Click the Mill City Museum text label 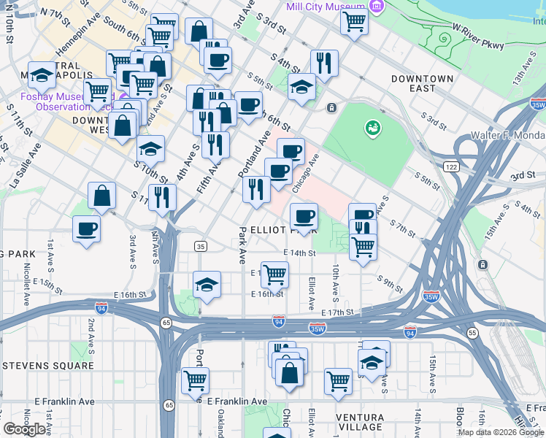(326, 7)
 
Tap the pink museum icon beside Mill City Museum (377, 7)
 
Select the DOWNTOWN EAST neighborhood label (422, 83)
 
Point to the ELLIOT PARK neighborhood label (284, 229)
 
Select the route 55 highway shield (472, 332)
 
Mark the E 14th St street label (299, 253)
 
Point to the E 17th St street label (337, 312)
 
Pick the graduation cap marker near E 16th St (207, 285)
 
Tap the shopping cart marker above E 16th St (274, 274)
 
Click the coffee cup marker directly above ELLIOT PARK (304, 216)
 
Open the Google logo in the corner (24, 429)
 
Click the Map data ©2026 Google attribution (500, 432)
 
